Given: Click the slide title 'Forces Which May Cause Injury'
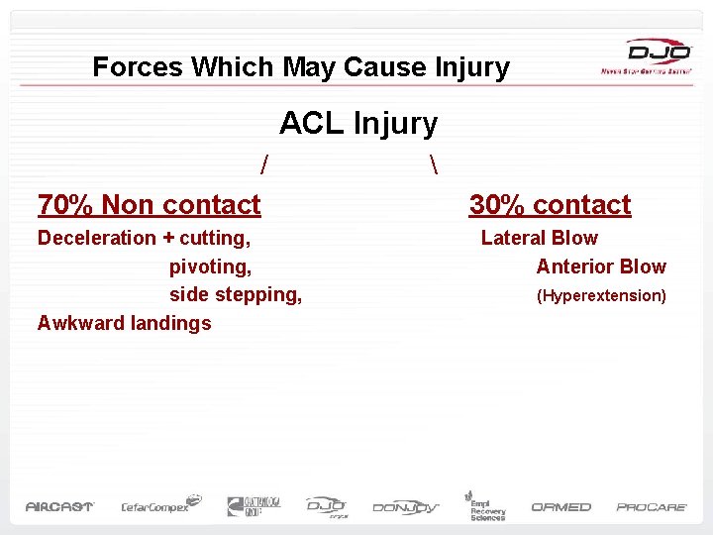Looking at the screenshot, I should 301,67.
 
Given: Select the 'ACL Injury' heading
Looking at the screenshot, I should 357,124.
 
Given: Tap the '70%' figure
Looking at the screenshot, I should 65,205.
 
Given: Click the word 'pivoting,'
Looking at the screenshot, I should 210,267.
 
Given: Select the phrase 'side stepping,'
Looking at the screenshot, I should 236,294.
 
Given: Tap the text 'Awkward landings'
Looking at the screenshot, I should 124,323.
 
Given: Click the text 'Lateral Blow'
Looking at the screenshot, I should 539,238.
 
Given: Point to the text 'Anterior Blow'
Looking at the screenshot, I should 601,267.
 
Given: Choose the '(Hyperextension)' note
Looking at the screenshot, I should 601,295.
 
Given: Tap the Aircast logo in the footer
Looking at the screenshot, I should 59,506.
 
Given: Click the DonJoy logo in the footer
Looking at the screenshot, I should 406,507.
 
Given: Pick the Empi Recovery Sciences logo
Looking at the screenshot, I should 485,505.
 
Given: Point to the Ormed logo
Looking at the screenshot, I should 560,506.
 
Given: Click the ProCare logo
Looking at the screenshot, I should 652,506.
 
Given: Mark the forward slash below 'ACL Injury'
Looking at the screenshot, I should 263,161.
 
